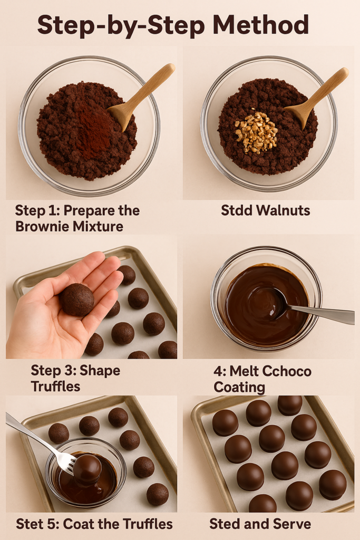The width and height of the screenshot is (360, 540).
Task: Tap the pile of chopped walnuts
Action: [x=256, y=132]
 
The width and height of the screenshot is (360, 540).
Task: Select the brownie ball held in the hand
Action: [x=77, y=300]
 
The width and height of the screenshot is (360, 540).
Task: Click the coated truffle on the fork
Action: [x=87, y=469]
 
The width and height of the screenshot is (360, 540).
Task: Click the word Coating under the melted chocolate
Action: [x=239, y=387]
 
